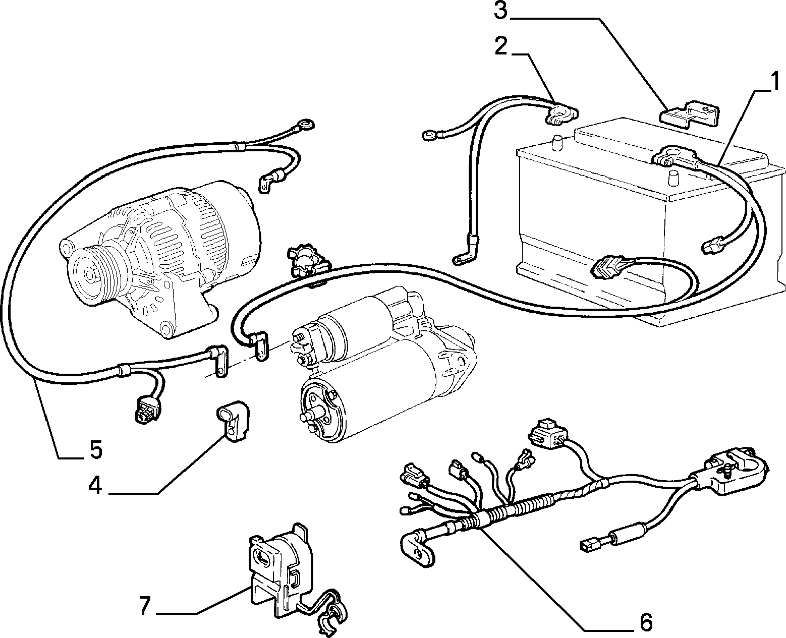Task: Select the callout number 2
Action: pos(501,46)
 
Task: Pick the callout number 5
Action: pos(95,449)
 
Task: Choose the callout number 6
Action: pos(646,622)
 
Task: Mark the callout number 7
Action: pos(145,606)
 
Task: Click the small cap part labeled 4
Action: pos(233,422)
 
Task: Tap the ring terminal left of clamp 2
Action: pos(430,135)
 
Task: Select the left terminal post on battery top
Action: pos(557,143)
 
